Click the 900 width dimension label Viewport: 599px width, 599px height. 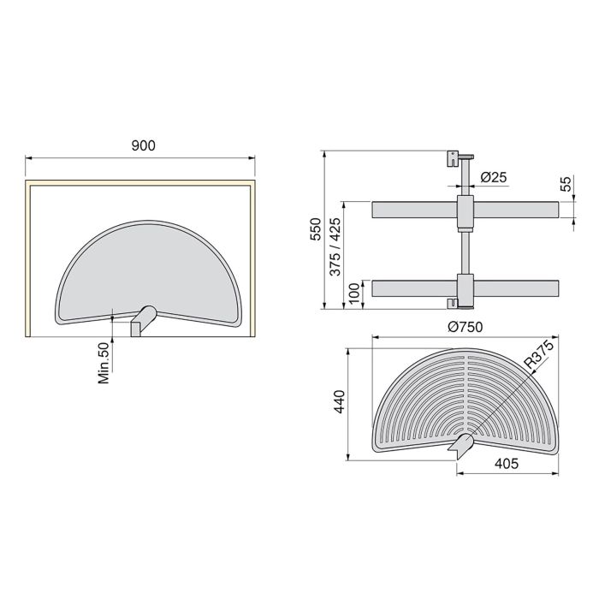144,146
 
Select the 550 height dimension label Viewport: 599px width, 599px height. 313,230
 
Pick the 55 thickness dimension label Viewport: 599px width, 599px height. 565,185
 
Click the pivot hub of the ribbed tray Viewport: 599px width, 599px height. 462,445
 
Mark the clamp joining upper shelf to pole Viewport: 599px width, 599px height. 465,212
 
